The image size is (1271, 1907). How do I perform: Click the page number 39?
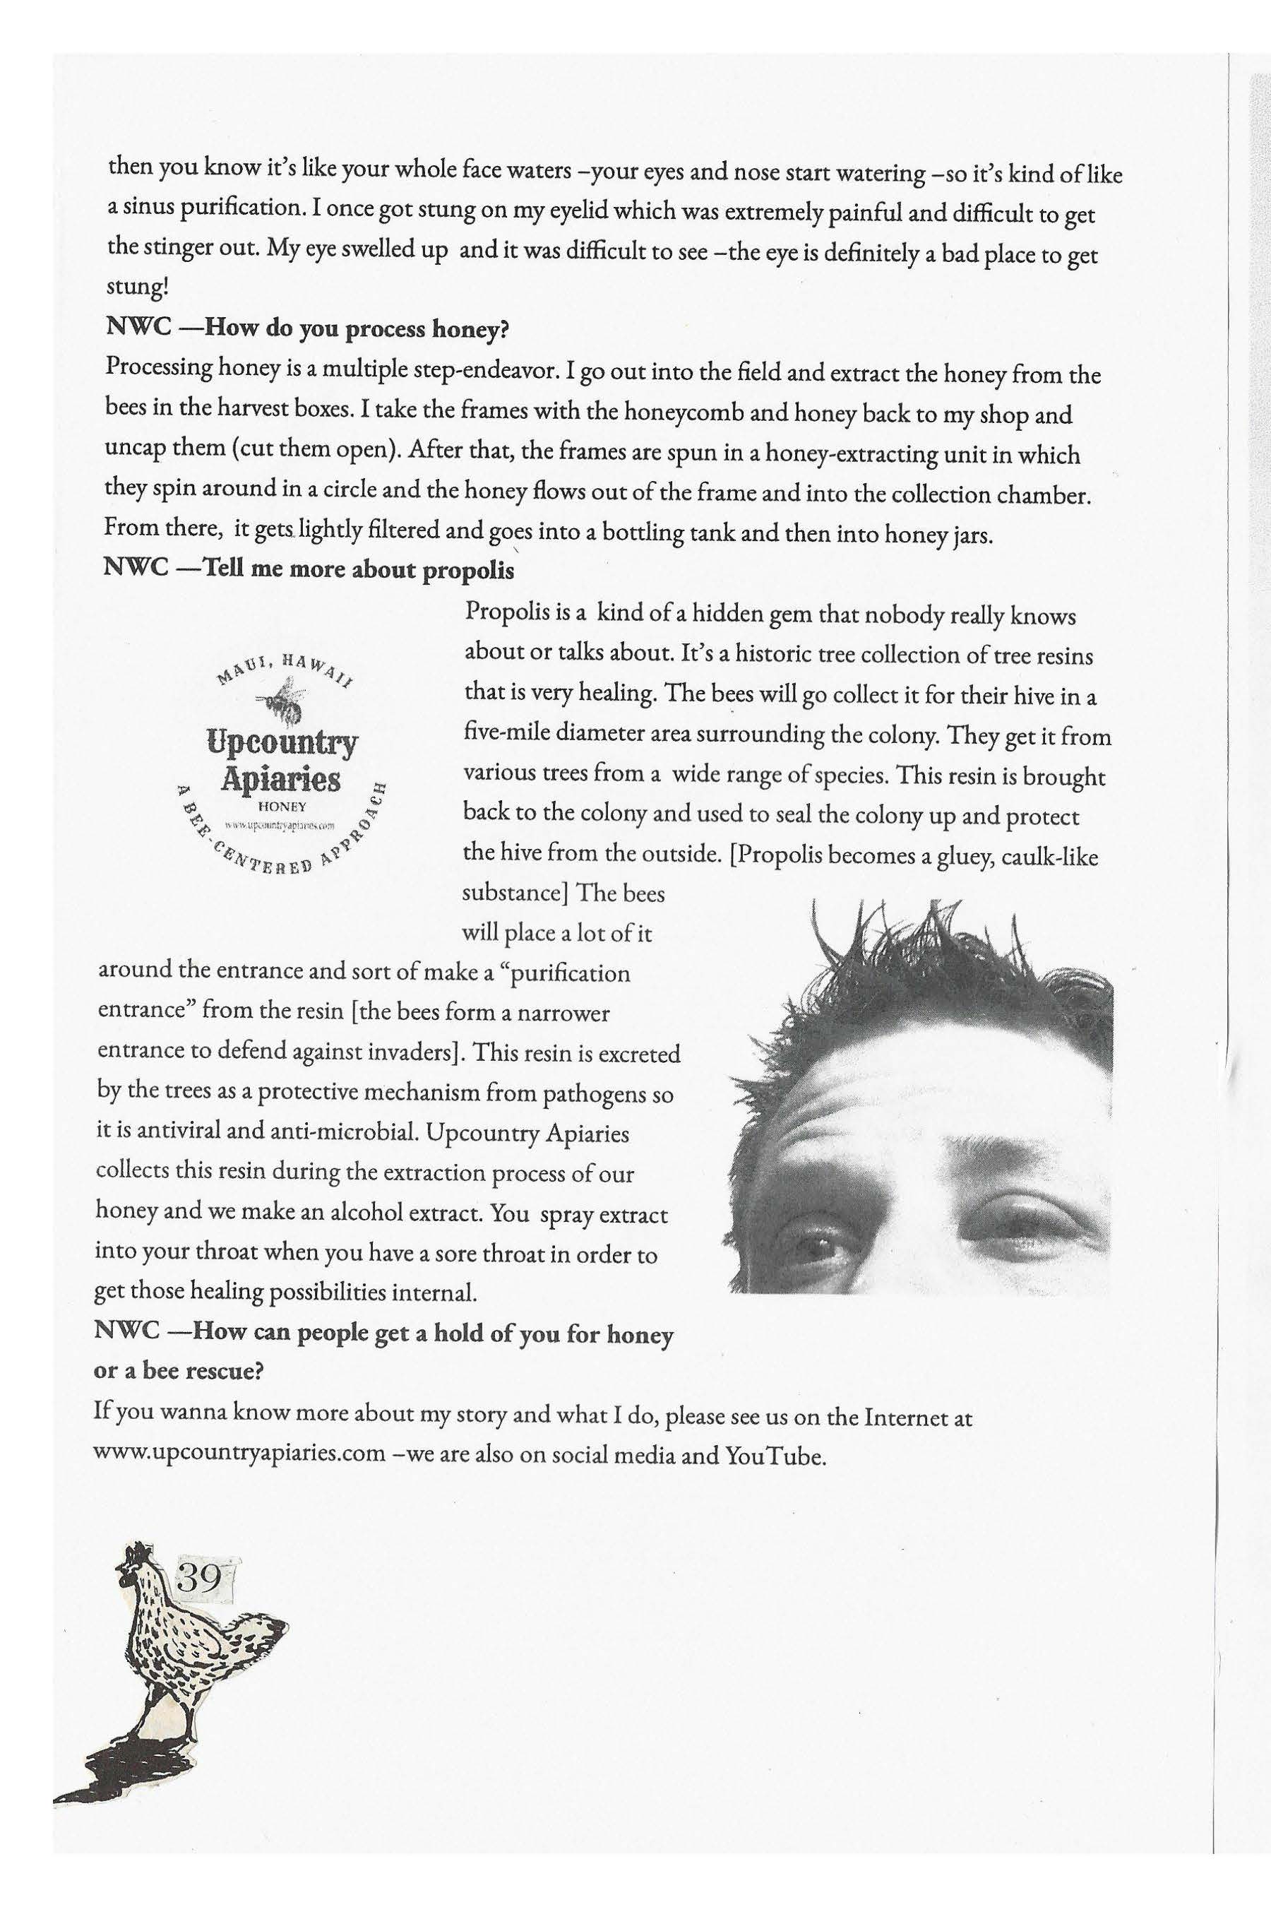click(198, 1577)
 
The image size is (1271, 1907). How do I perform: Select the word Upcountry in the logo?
click(281, 742)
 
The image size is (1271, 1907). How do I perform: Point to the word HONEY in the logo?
click(280, 807)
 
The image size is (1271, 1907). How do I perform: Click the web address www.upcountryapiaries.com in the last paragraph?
click(240, 1452)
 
